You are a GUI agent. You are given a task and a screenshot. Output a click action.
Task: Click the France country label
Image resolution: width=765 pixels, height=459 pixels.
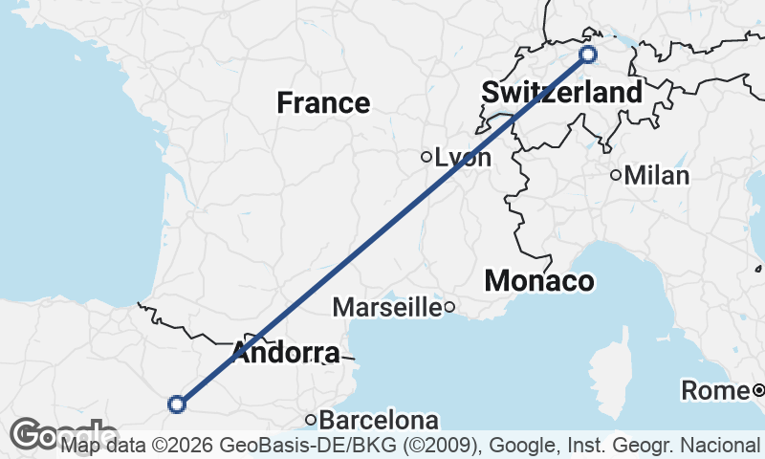pos(323,102)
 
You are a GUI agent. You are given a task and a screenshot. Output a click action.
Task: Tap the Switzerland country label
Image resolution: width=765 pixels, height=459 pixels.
pos(561,93)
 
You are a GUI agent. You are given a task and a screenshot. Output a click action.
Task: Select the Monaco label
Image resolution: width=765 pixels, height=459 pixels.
pos(539,281)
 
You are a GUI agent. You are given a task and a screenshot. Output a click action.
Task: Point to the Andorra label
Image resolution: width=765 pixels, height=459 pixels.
pos(285,353)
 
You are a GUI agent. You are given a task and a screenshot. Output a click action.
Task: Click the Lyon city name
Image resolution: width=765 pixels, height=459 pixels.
pos(463,158)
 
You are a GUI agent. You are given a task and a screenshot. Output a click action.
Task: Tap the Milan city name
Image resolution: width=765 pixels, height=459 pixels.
pos(657,176)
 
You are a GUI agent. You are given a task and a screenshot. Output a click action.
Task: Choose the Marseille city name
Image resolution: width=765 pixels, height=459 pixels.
pos(386,307)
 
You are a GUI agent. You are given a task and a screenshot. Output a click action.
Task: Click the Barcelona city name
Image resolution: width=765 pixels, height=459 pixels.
pos(379,420)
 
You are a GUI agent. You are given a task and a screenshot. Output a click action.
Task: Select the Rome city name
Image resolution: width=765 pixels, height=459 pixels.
pos(714,390)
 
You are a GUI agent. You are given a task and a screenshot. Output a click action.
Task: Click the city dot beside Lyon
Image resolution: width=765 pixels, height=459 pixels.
pos(426,157)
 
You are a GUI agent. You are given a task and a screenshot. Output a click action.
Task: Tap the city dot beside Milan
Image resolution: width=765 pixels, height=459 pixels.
pos(616,175)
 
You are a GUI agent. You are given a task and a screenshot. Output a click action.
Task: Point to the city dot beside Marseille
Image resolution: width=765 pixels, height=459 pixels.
pos(448,307)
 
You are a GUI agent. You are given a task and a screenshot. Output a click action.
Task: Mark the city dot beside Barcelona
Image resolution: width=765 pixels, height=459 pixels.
pos(311,420)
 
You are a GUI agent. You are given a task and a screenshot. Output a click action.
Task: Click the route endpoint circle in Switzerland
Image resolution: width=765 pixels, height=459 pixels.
pos(587,55)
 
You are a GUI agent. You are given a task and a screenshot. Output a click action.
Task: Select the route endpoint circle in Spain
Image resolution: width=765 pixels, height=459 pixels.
pos(176,404)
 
